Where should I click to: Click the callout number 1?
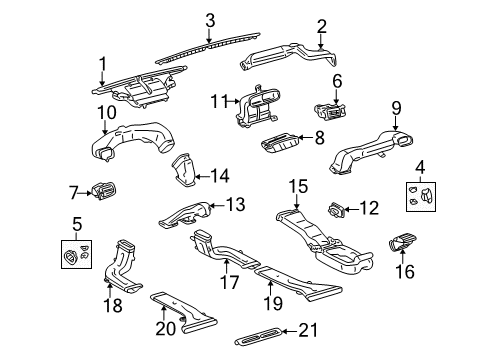coord(102,65)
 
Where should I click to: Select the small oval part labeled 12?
coord(336,210)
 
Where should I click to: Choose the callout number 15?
coord(298,186)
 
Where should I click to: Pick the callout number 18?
coord(114,304)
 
